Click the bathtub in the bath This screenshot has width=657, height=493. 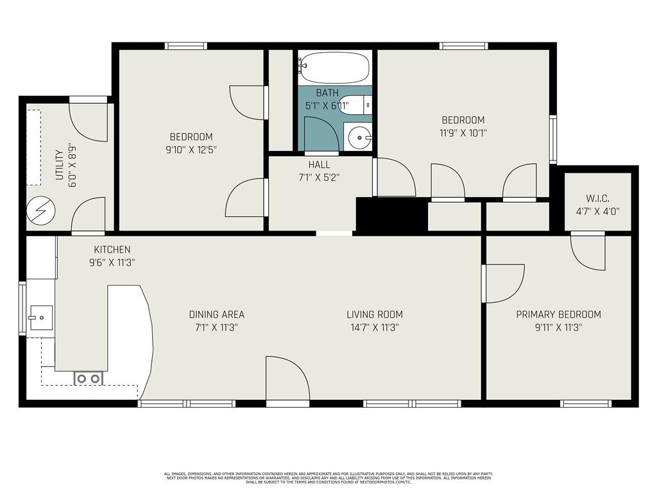click(334, 67)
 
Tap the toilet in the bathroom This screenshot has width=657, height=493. click(355, 105)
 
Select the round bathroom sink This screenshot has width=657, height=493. click(358, 137)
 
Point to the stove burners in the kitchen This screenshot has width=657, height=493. click(89, 379)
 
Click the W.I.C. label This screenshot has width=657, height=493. click(597, 198)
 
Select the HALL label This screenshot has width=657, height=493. click(319, 164)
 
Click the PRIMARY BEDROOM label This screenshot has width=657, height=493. click(558, 315)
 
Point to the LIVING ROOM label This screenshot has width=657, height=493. click(375, 315)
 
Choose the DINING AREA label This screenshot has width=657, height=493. click(216, 315)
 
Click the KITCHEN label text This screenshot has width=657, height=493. click(112, 250)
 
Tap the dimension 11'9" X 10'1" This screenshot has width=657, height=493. click(463, 133)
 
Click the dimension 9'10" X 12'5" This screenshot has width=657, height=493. click(191, 150)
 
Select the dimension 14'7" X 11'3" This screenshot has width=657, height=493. click(375, 327)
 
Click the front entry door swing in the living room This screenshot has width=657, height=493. click(287, 379)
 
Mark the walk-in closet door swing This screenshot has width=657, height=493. click(587, 252)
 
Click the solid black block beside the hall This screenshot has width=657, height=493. click(391, 214)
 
